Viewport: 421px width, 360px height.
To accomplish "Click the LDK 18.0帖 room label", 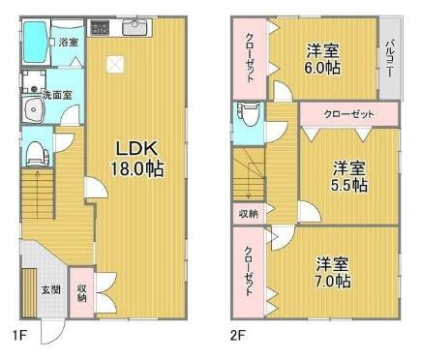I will pyautogui.click(x=139, y=159).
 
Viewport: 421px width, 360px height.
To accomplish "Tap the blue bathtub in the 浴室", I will pyautogui.click(x=38, y=43).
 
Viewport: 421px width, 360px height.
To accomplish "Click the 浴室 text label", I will pyautogui.click(x=68, y=43).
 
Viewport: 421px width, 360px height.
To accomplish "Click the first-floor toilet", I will pyautogui.click(x=37, y=152).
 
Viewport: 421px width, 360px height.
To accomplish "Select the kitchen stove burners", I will pyautogui.click(x=100, y=27).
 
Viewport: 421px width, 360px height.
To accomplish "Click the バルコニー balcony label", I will pyautogui.click(x=389, y=56).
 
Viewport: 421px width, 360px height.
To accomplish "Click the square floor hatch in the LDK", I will pyautogui.click(x=115, y=64).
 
